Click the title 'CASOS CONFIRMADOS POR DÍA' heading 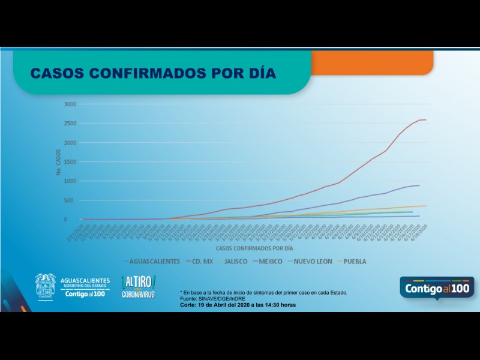click(x=153, y=73)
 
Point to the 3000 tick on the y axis click(x=71, y=104)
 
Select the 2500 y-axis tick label click(x=71, y=123)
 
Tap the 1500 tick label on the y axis click(x=71, y=162)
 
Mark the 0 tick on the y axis click(x=76, y=220)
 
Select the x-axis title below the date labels click(x=254, y=247)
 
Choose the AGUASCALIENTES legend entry click(x=154, y=262)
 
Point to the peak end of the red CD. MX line click(x=425, y=120)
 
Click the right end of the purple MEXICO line click(x=419, y=185)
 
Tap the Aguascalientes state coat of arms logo click(x=46, y=287)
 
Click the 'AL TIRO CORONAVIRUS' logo click(x=139, y=287)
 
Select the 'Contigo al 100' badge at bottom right click(x=437, y=289)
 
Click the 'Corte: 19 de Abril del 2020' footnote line click(x=238, y=305)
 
